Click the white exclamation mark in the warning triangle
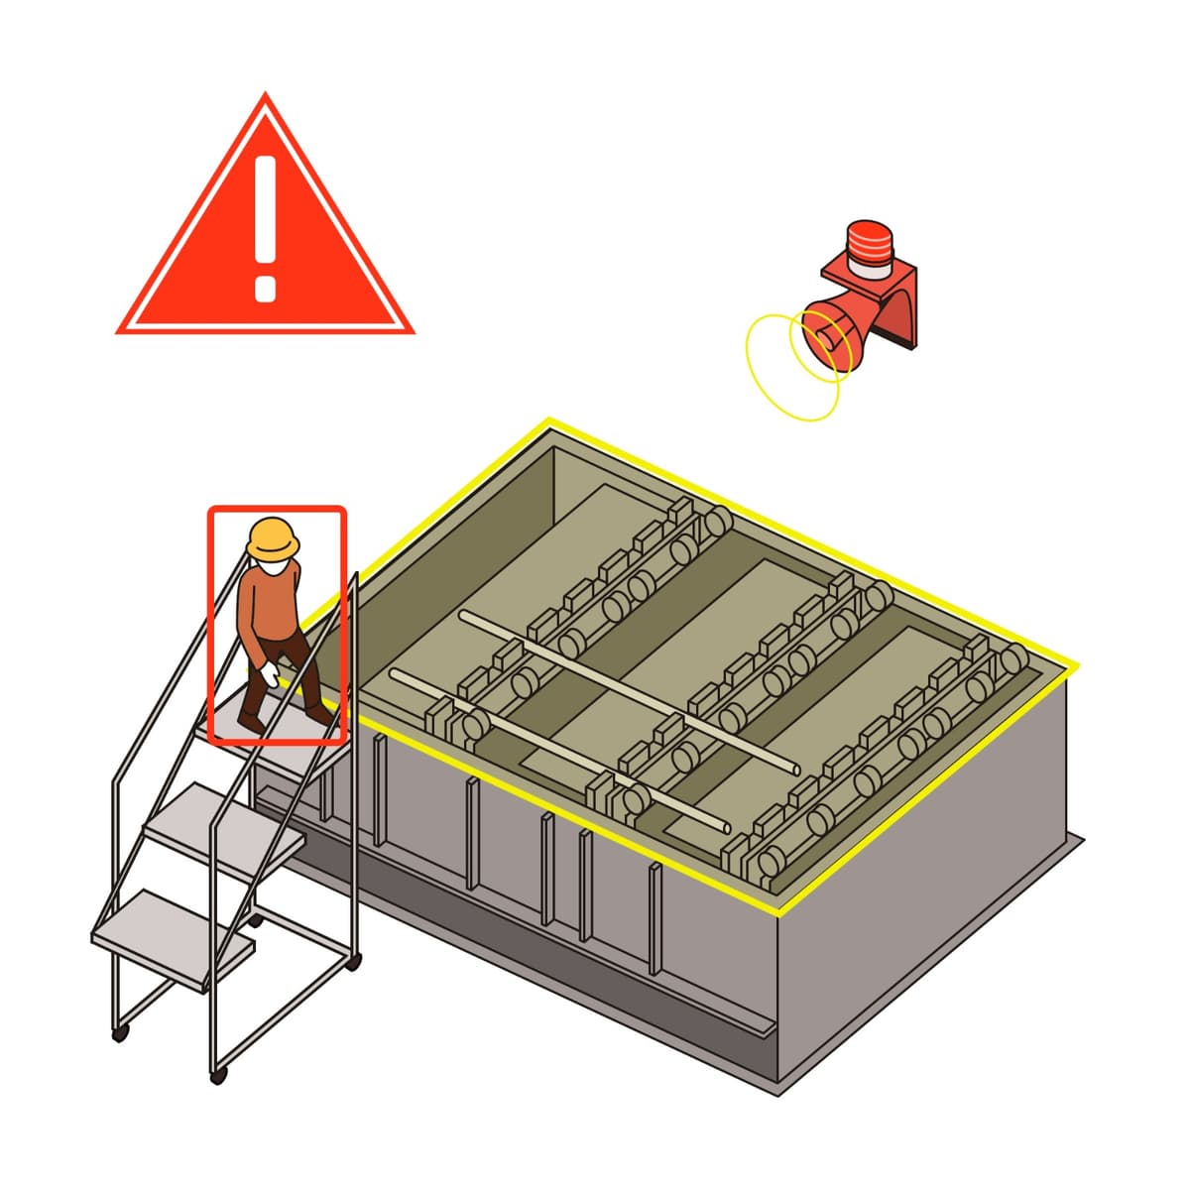tap(264, 223)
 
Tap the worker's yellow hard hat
tap(273, 538)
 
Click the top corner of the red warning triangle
tap(265, 96)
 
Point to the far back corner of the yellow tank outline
tap(548, 421)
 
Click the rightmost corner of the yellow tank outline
tap(1077, 666)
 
